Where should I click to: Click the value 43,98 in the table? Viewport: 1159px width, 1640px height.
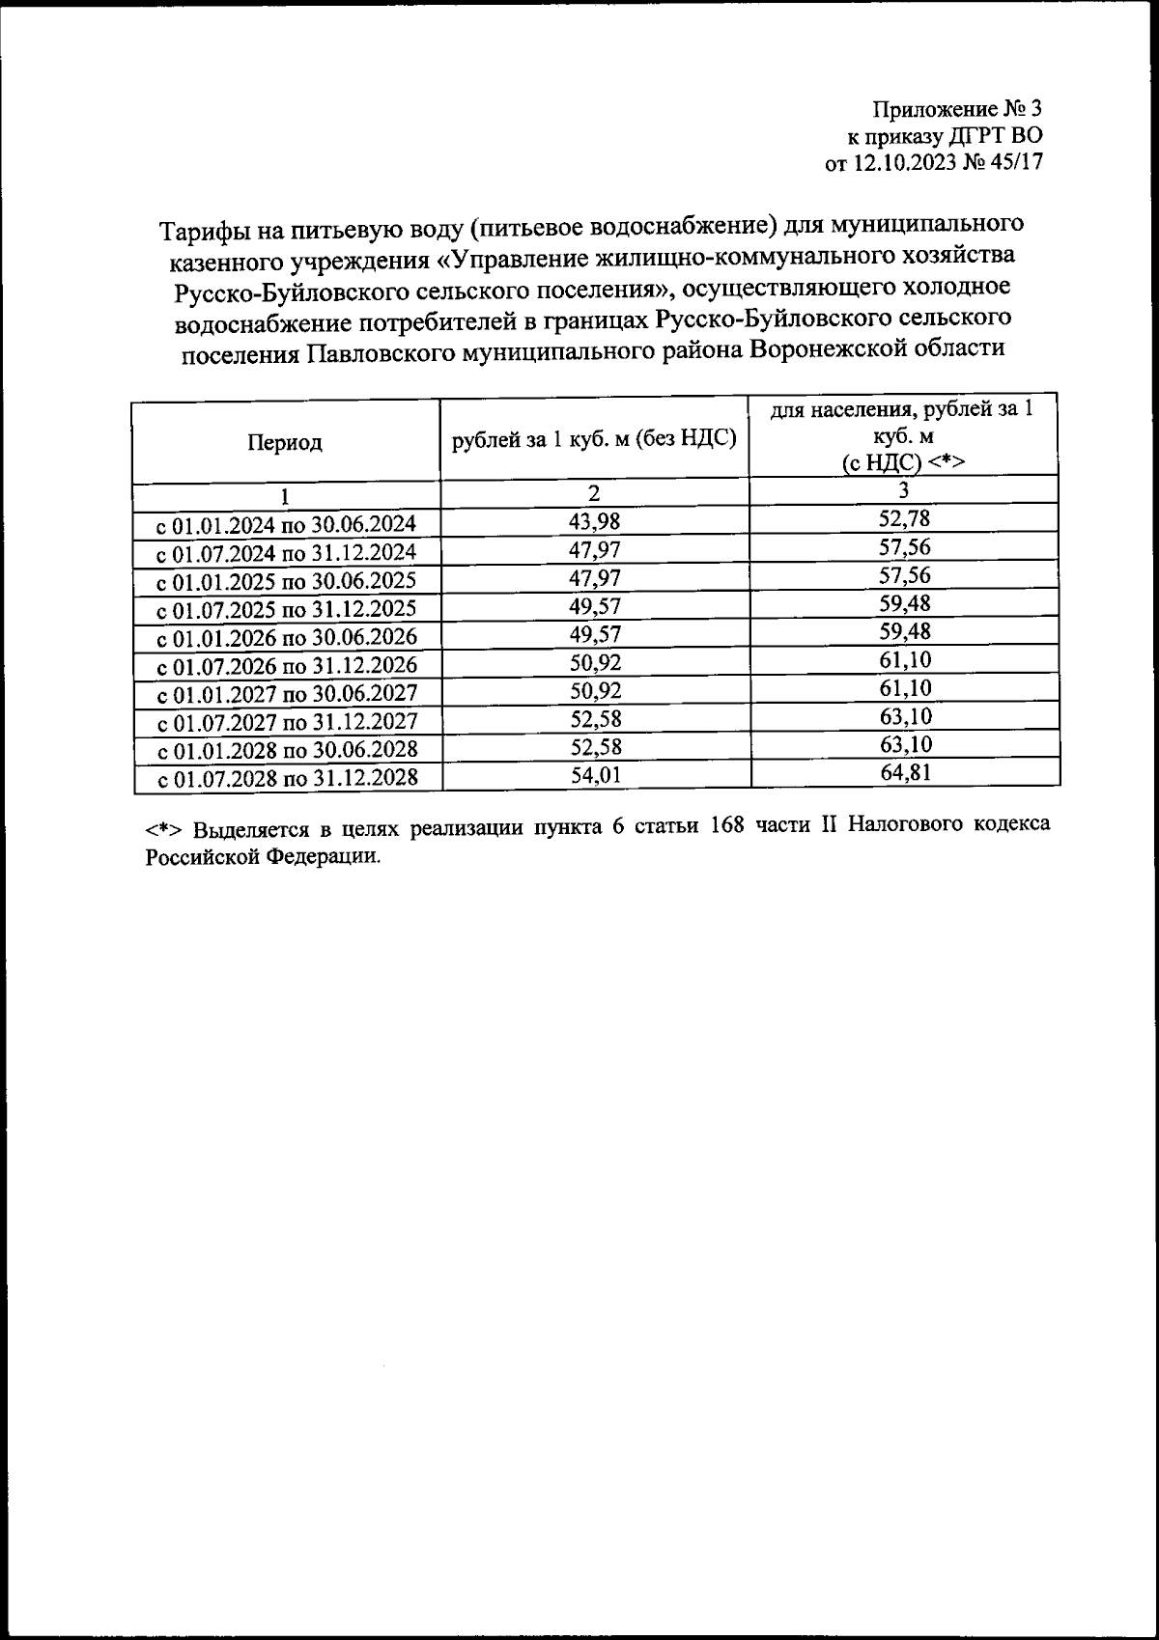(595, 522)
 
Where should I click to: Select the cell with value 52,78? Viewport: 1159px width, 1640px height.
(904, 519)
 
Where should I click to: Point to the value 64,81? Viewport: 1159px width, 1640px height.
(904, 772)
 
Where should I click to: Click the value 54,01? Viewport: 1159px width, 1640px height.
(595, 775)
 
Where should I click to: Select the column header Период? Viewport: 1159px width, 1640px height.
(285, 442)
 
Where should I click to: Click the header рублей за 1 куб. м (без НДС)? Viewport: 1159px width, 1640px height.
(595, 439)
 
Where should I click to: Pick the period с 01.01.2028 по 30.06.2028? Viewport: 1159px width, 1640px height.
(287, 750)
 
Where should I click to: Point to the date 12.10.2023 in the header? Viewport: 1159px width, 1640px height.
(900, 163)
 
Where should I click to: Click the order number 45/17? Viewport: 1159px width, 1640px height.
(1016, 163)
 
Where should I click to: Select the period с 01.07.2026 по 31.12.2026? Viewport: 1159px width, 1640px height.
(287, 666)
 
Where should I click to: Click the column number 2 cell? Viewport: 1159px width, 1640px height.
(595, 493)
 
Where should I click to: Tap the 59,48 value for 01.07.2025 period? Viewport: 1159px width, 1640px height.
(904, 604)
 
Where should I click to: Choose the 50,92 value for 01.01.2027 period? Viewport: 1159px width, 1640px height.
(595, 691)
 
